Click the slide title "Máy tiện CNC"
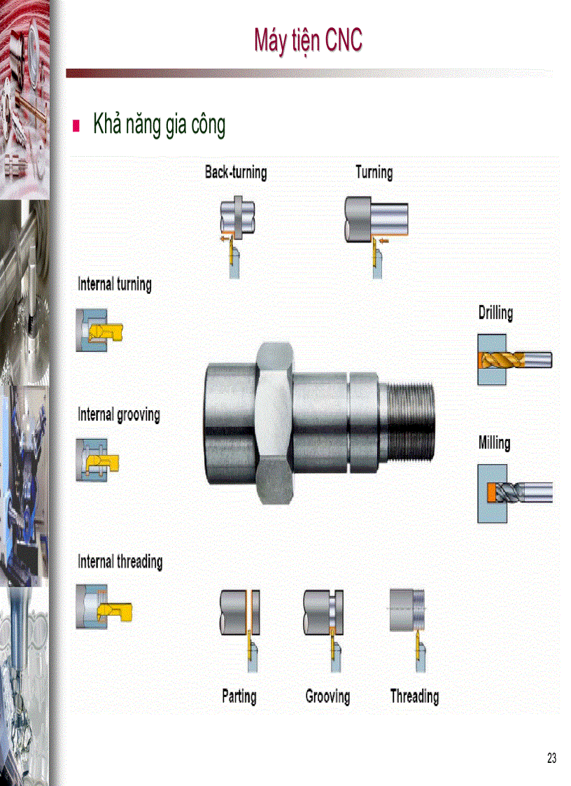(308, 41)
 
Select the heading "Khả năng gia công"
(159, 125)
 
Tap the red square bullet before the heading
(77, 127)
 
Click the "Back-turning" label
(235, 172)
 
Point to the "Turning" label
(374, 172)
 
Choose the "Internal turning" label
(114, 283)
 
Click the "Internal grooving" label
(118, 414)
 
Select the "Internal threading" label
(120, 561)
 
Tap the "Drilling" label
(495, 312)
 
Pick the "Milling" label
(494, 442)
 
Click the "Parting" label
(239, 696)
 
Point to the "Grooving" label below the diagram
(327, 696)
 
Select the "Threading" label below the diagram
(414, 696)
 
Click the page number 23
(551, 758)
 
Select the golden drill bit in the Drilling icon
(502, 360)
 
